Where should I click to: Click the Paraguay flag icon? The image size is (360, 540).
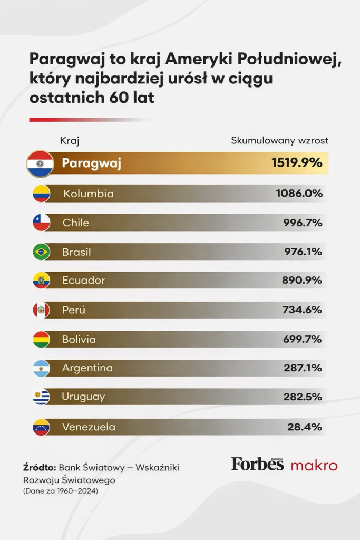click(x=40, y=163)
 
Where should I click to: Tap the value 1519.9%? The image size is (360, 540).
click(x=297, y=163)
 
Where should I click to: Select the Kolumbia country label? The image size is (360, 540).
click(x=88, y=194)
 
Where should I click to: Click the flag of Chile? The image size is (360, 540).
click(x=41, y=223)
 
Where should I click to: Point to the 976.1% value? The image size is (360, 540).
click(x=302, y=252)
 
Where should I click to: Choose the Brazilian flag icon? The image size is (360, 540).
click(x=41, y=252)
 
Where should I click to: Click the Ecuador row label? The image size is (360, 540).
click(x=83, y=281)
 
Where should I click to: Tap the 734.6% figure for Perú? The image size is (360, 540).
click(x=301, y=310)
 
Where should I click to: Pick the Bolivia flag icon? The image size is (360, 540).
click(x=41, y=339)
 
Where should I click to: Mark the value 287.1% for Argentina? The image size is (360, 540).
click(x=303, y=368)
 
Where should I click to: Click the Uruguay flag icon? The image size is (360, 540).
click(x=41, y=397)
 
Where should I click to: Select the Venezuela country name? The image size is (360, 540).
click(x=88, y=427)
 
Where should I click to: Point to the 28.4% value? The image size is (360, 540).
click(x=305, y=427)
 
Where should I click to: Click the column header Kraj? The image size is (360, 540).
click(x=70, y=141)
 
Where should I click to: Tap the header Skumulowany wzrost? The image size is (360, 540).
click(x=279, y=141)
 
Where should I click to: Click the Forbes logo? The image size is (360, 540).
click(x=257, y=464)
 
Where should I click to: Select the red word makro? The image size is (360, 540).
click(x=314, y=465)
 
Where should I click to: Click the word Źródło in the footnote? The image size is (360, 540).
click(x=40, y=467)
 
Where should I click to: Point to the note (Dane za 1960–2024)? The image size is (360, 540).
click(x=61, y=491)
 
